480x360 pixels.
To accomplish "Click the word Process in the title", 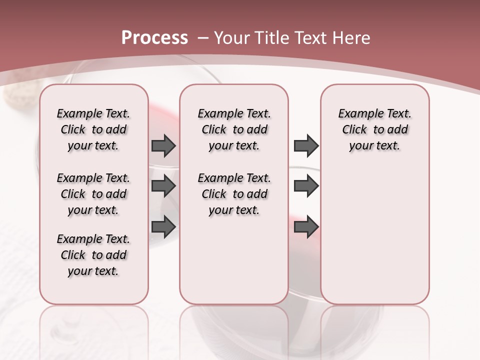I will coord(154,38).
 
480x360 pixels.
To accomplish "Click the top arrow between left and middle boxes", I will coord(163,146).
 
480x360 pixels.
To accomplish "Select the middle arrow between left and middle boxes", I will coord(163,186).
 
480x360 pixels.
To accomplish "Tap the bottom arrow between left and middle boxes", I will coord(163,226).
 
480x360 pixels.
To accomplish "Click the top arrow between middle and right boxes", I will coord(306,146).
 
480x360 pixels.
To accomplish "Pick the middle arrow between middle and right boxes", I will coord(306,186).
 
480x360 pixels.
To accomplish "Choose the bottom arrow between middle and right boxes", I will coord(306,226).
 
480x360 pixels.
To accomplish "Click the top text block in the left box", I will coord(93,130).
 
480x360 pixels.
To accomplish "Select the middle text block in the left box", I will coord(93,194).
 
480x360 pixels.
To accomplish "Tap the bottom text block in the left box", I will coord(93,255).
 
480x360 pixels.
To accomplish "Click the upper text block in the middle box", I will coord(234,130).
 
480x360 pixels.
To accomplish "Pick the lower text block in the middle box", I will coord(234,194).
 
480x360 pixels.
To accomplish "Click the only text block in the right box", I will coord(374,130).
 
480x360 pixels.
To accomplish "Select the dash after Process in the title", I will coord(203,38).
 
